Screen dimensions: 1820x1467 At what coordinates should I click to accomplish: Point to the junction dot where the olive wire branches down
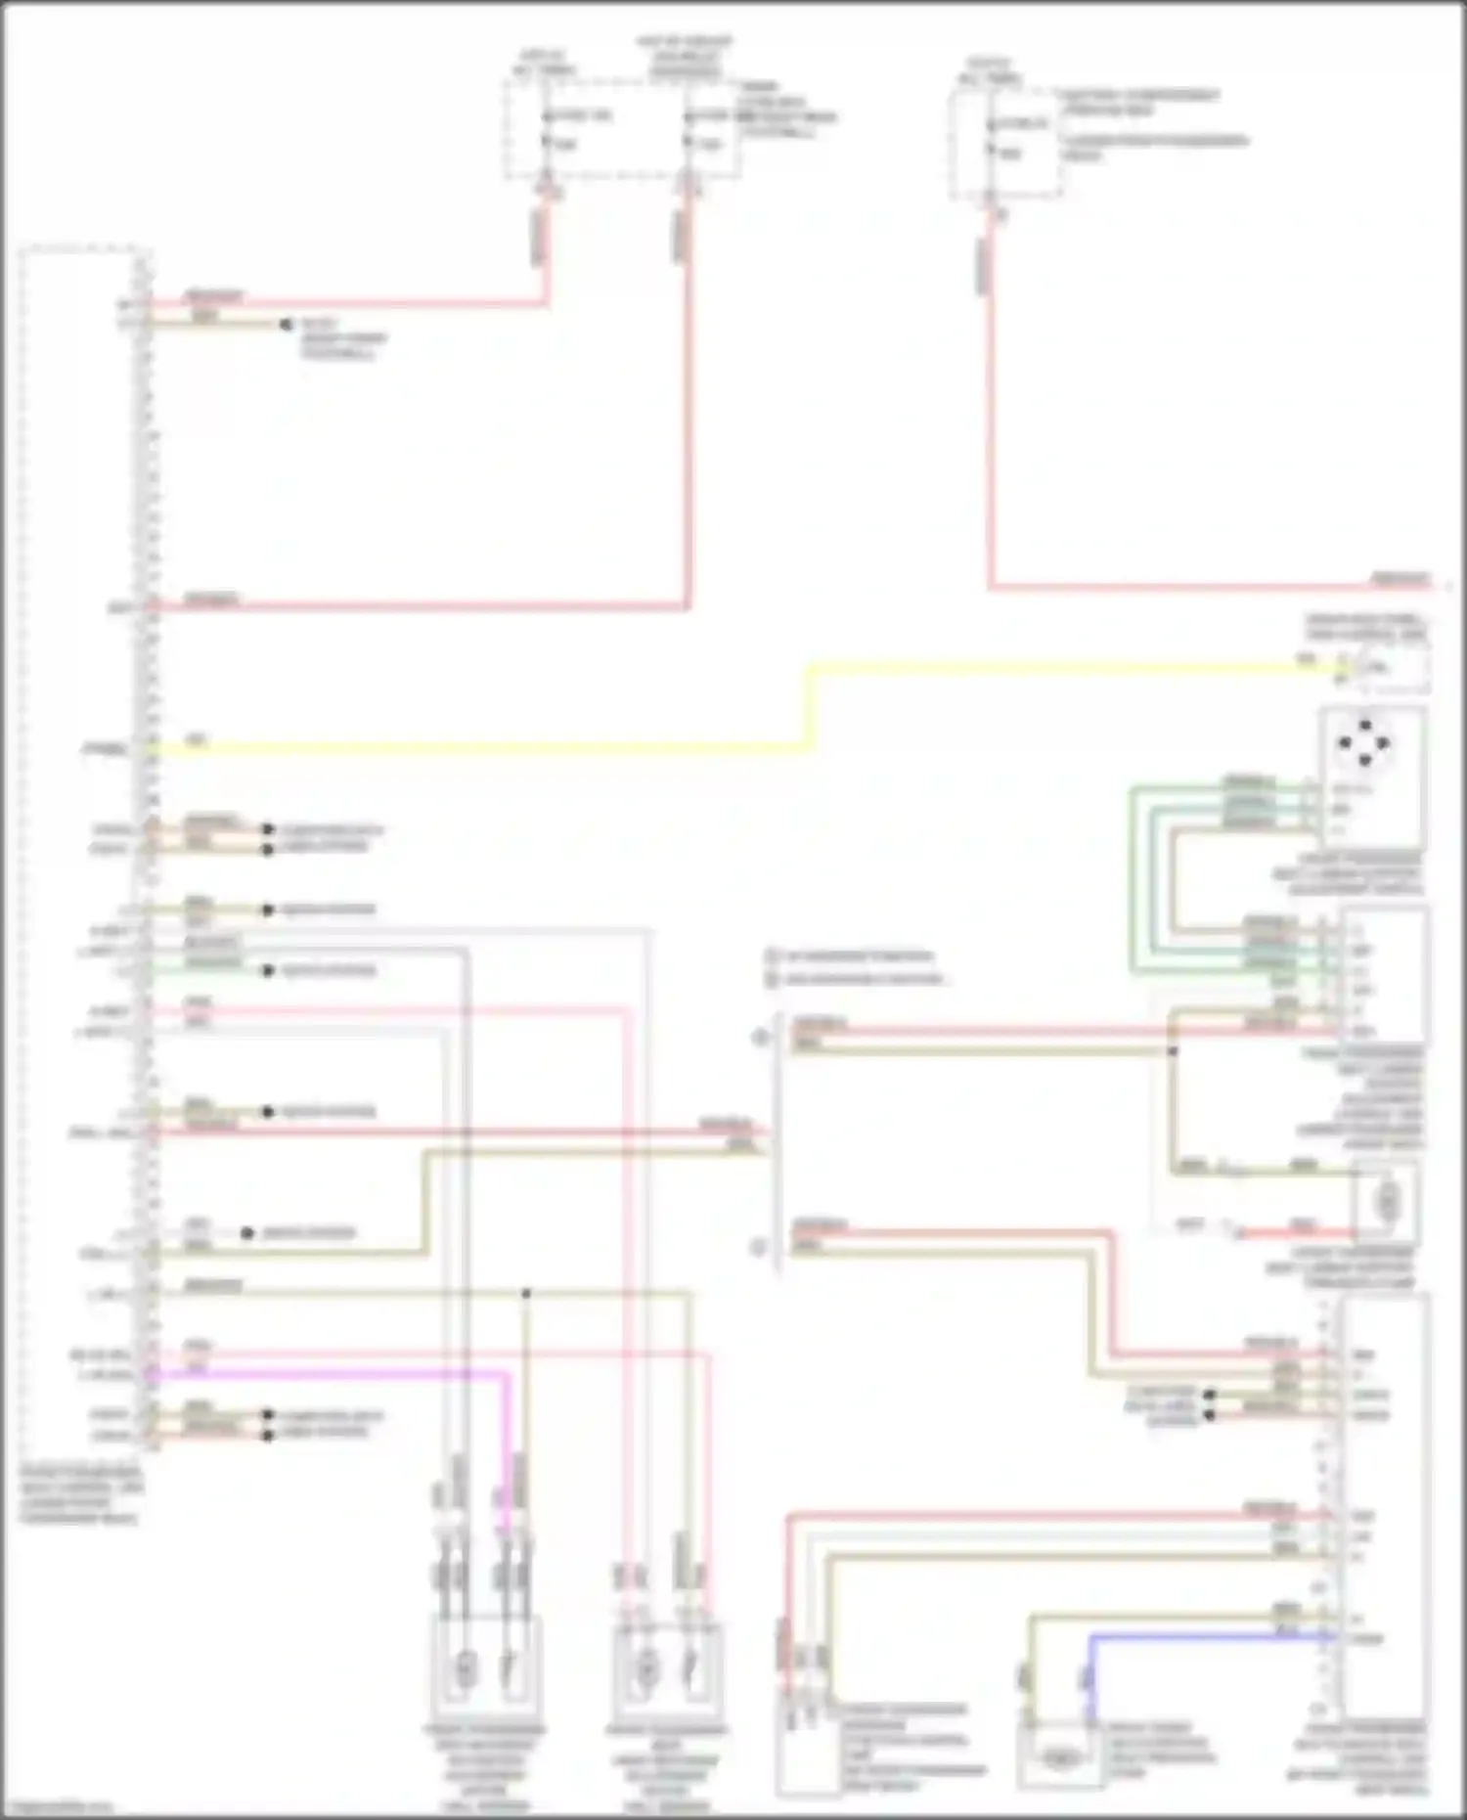click(x=526, y=1293)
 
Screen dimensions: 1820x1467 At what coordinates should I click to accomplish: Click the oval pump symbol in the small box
click(x=1387, y=1201)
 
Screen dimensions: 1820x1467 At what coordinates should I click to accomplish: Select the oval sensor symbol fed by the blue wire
click(x=1059, y=1757)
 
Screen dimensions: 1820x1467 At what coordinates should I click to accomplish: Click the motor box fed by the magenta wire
click(x=486, y=1667)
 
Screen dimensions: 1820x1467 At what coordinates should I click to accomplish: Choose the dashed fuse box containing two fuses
click(x=622, y=130)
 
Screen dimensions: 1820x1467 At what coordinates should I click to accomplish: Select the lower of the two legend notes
click(x=856, y=979)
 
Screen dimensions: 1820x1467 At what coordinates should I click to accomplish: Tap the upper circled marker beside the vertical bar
click(x=759, y=1037)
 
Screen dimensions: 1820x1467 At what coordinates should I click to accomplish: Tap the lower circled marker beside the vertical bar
click(x=759, y=1248)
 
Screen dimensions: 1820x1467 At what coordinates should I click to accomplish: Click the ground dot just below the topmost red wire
click(x=286, y=324)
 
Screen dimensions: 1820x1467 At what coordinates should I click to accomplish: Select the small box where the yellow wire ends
click(x=1387, y=669)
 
